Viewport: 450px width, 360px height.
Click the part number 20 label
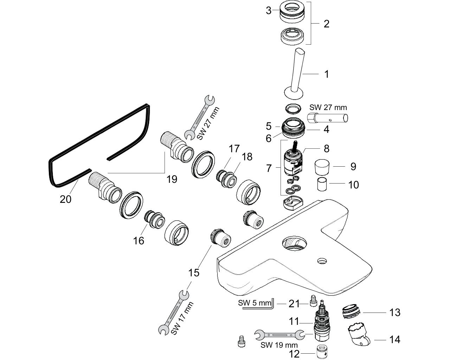coord(65,199)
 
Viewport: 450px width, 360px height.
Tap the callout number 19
coord(172,179)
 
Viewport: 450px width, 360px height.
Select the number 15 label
coord(194,273)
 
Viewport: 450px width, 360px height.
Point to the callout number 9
coord(353,167)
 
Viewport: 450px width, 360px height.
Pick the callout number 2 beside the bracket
coord(326,24)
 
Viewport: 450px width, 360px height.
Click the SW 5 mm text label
coord(255,303)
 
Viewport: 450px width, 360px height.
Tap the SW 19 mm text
coord(279,345)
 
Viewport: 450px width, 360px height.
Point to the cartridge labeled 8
coord(293,159)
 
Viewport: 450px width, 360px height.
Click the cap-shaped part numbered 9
coord(323,167)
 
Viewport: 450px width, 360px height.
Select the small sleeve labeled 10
coord(322,184)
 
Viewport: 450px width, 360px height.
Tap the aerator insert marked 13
coord(351,311)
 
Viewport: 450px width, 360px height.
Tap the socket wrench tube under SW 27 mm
coord(328,118)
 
